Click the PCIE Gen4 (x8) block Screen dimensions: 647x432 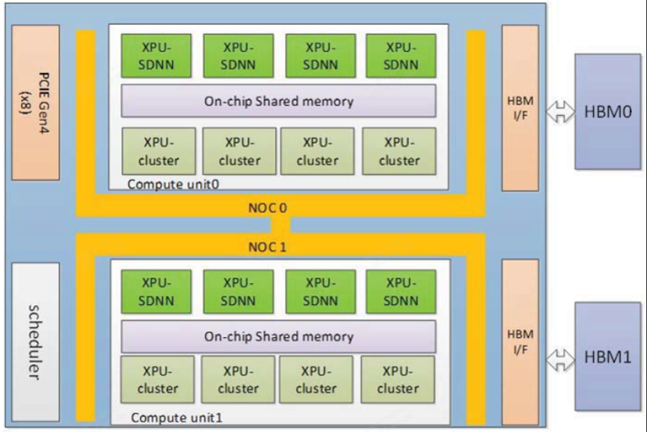point(35,102)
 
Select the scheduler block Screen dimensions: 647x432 point(35,342)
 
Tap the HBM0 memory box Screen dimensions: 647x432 point(608,111)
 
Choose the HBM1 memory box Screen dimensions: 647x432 point(608,357)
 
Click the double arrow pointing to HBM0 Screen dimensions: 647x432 point(560,111)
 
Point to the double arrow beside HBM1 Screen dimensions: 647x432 point(560,360)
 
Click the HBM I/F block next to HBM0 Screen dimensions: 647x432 point(521,108)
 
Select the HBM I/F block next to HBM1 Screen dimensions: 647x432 point(521,342)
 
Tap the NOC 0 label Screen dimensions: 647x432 point(267,208)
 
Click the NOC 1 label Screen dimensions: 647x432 point(267,247)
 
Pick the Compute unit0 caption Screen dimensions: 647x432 point(173,184)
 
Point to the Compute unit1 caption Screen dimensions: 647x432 point(177,418)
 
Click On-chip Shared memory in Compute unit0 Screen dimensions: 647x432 point(278,101)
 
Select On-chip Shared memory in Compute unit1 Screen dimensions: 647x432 point(278,336)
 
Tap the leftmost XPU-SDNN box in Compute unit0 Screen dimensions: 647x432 point(156,55)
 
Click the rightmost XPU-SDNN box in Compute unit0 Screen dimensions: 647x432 point(401,55)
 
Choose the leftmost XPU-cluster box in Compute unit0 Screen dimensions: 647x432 point(159,151)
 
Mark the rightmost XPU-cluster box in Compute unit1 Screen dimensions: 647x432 point(398,380)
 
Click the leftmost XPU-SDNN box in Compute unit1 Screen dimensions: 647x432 point(156,291)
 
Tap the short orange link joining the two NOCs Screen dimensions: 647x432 point(280,225)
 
